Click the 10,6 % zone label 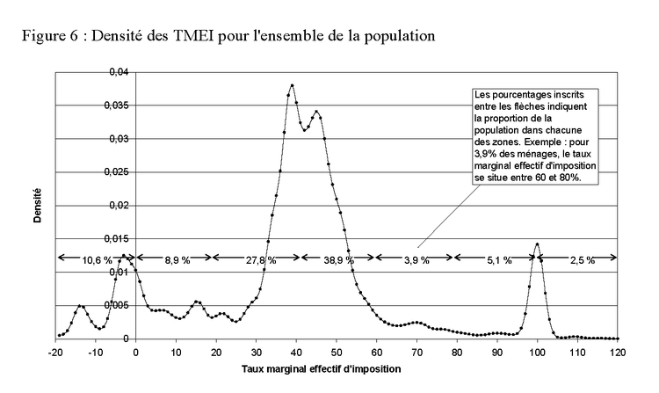click(x=97, y=260)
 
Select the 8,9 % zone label click(x=177, y=260)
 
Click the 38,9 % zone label click(x=338, y=260)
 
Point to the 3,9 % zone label click(x=415, y=260)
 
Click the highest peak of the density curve click(x=292, y=85)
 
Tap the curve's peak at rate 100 click(x=537, y=244)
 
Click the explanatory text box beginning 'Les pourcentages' click(x=534, y=135)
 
